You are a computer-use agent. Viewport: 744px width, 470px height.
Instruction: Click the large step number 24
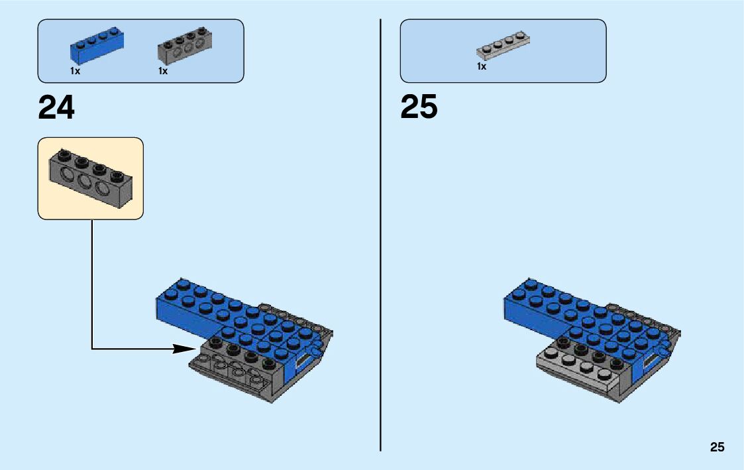point(57,107)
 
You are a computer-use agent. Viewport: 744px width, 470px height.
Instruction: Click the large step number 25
point(419,107)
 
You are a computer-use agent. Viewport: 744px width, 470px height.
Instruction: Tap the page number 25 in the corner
point(717,447)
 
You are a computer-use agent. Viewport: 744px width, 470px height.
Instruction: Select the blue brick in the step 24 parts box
point(97,46)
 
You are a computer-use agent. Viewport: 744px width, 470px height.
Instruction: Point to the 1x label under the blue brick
point(76,71)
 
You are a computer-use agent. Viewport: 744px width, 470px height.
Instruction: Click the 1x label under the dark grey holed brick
point(163,71)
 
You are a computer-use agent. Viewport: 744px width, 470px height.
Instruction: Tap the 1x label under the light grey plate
point(482,67)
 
